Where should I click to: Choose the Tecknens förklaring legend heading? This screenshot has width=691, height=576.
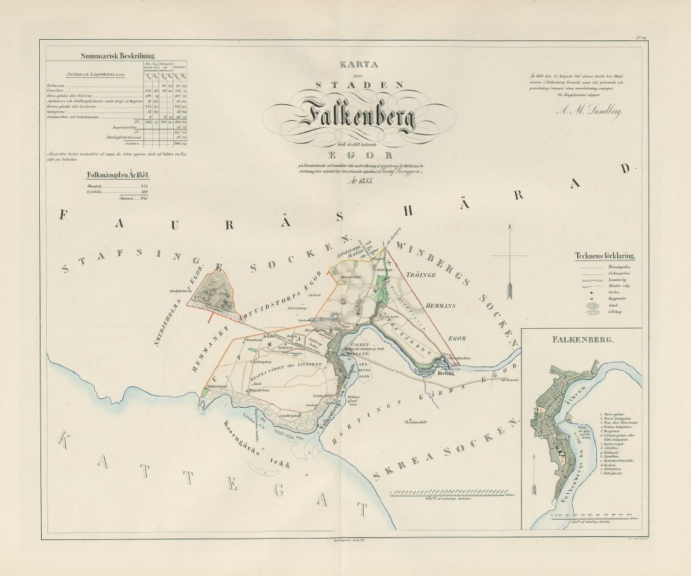click(x=606, y=256)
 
